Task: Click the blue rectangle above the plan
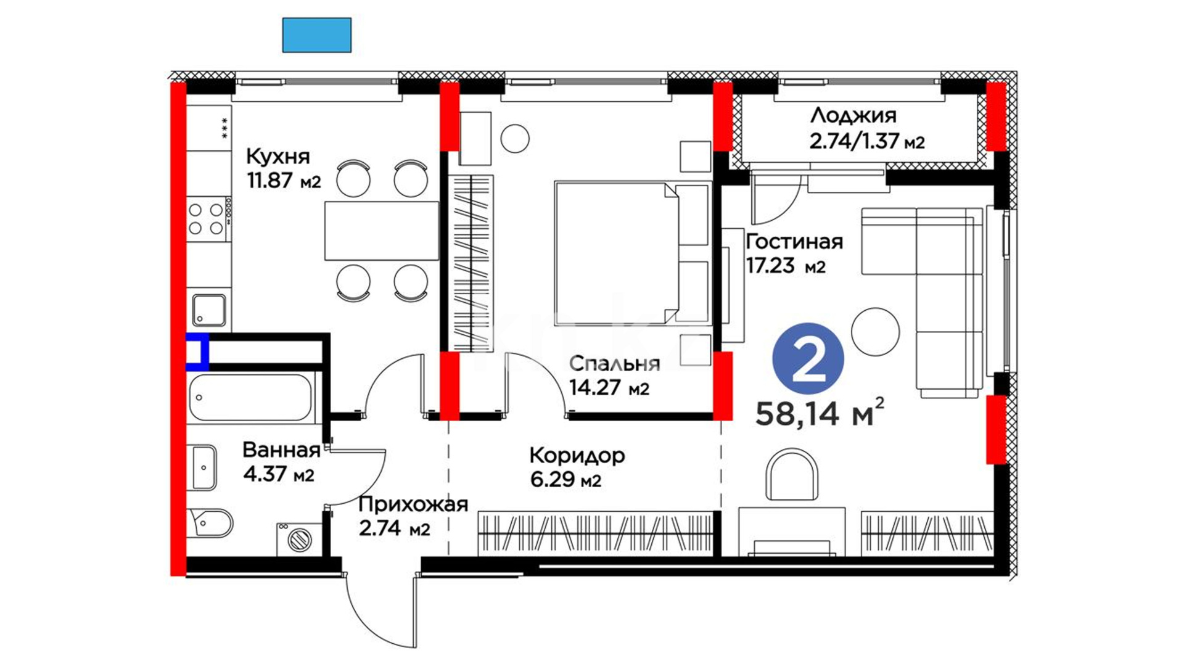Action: pos(317,35)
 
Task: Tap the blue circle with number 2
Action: pos(808,359)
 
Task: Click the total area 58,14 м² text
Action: pos(820,412)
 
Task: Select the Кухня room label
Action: pos(278,157)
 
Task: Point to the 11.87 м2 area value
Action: pos(284,181)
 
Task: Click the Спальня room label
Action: pos(614,363)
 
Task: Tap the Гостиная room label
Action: pos(794,241)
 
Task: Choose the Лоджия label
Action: pos(853,116)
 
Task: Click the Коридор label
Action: pos(577,455)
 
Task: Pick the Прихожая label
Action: pos(413,505)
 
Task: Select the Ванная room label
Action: pos(281,450)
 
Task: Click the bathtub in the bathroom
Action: pos(250,398)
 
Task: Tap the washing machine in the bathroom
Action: pos(299,539)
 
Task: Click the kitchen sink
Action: pos(209,310)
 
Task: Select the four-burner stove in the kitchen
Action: pos(208,219)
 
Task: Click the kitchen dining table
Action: pos(382,231)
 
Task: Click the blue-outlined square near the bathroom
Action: pos(197,352)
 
